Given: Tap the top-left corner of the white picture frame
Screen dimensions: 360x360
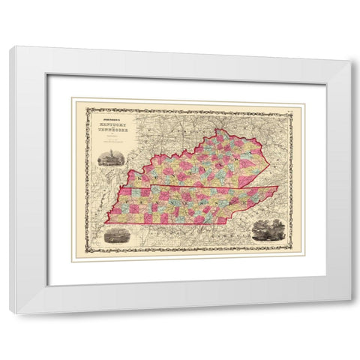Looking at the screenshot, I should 10,46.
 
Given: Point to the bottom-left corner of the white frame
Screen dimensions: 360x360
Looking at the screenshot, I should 11,313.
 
